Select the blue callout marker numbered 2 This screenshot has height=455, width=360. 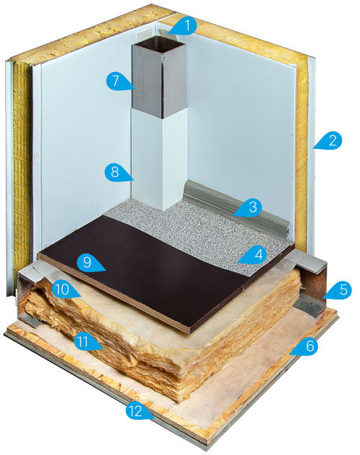[x=330, y=140]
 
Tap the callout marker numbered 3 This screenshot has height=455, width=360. [x=251, y=208]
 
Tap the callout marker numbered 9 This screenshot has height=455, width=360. [x=90, y=263]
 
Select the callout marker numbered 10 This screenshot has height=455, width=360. [x=64, y=289]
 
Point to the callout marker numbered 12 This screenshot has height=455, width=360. [x=138, y=411]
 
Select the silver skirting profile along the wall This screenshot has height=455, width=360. [x=238, y=207]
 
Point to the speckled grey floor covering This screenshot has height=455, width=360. [x=203, y=226]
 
